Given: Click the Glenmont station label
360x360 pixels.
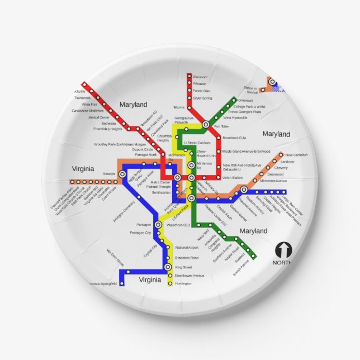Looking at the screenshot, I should pos(200,77).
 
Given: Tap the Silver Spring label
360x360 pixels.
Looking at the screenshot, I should pos(202,98).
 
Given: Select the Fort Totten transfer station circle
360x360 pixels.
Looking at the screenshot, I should pos(206,125).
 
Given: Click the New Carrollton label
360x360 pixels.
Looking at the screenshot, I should pos(296,155).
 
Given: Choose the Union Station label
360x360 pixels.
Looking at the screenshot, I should pos(232,178).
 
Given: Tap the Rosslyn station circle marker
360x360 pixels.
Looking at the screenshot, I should pos(122,174).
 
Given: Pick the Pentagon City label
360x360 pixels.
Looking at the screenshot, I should pos(140,232).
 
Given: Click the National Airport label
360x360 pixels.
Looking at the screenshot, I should pos(186,247).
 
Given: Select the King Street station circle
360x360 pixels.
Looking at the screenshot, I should pos(168,267).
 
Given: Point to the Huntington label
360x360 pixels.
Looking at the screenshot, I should pos(183,284).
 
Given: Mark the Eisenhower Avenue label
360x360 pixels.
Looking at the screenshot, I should pos(190,276).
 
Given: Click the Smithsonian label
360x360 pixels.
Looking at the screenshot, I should pos(157,192).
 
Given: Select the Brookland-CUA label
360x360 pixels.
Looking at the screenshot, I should pos(235,138).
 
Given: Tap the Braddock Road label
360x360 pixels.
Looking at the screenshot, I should pos(187,258).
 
